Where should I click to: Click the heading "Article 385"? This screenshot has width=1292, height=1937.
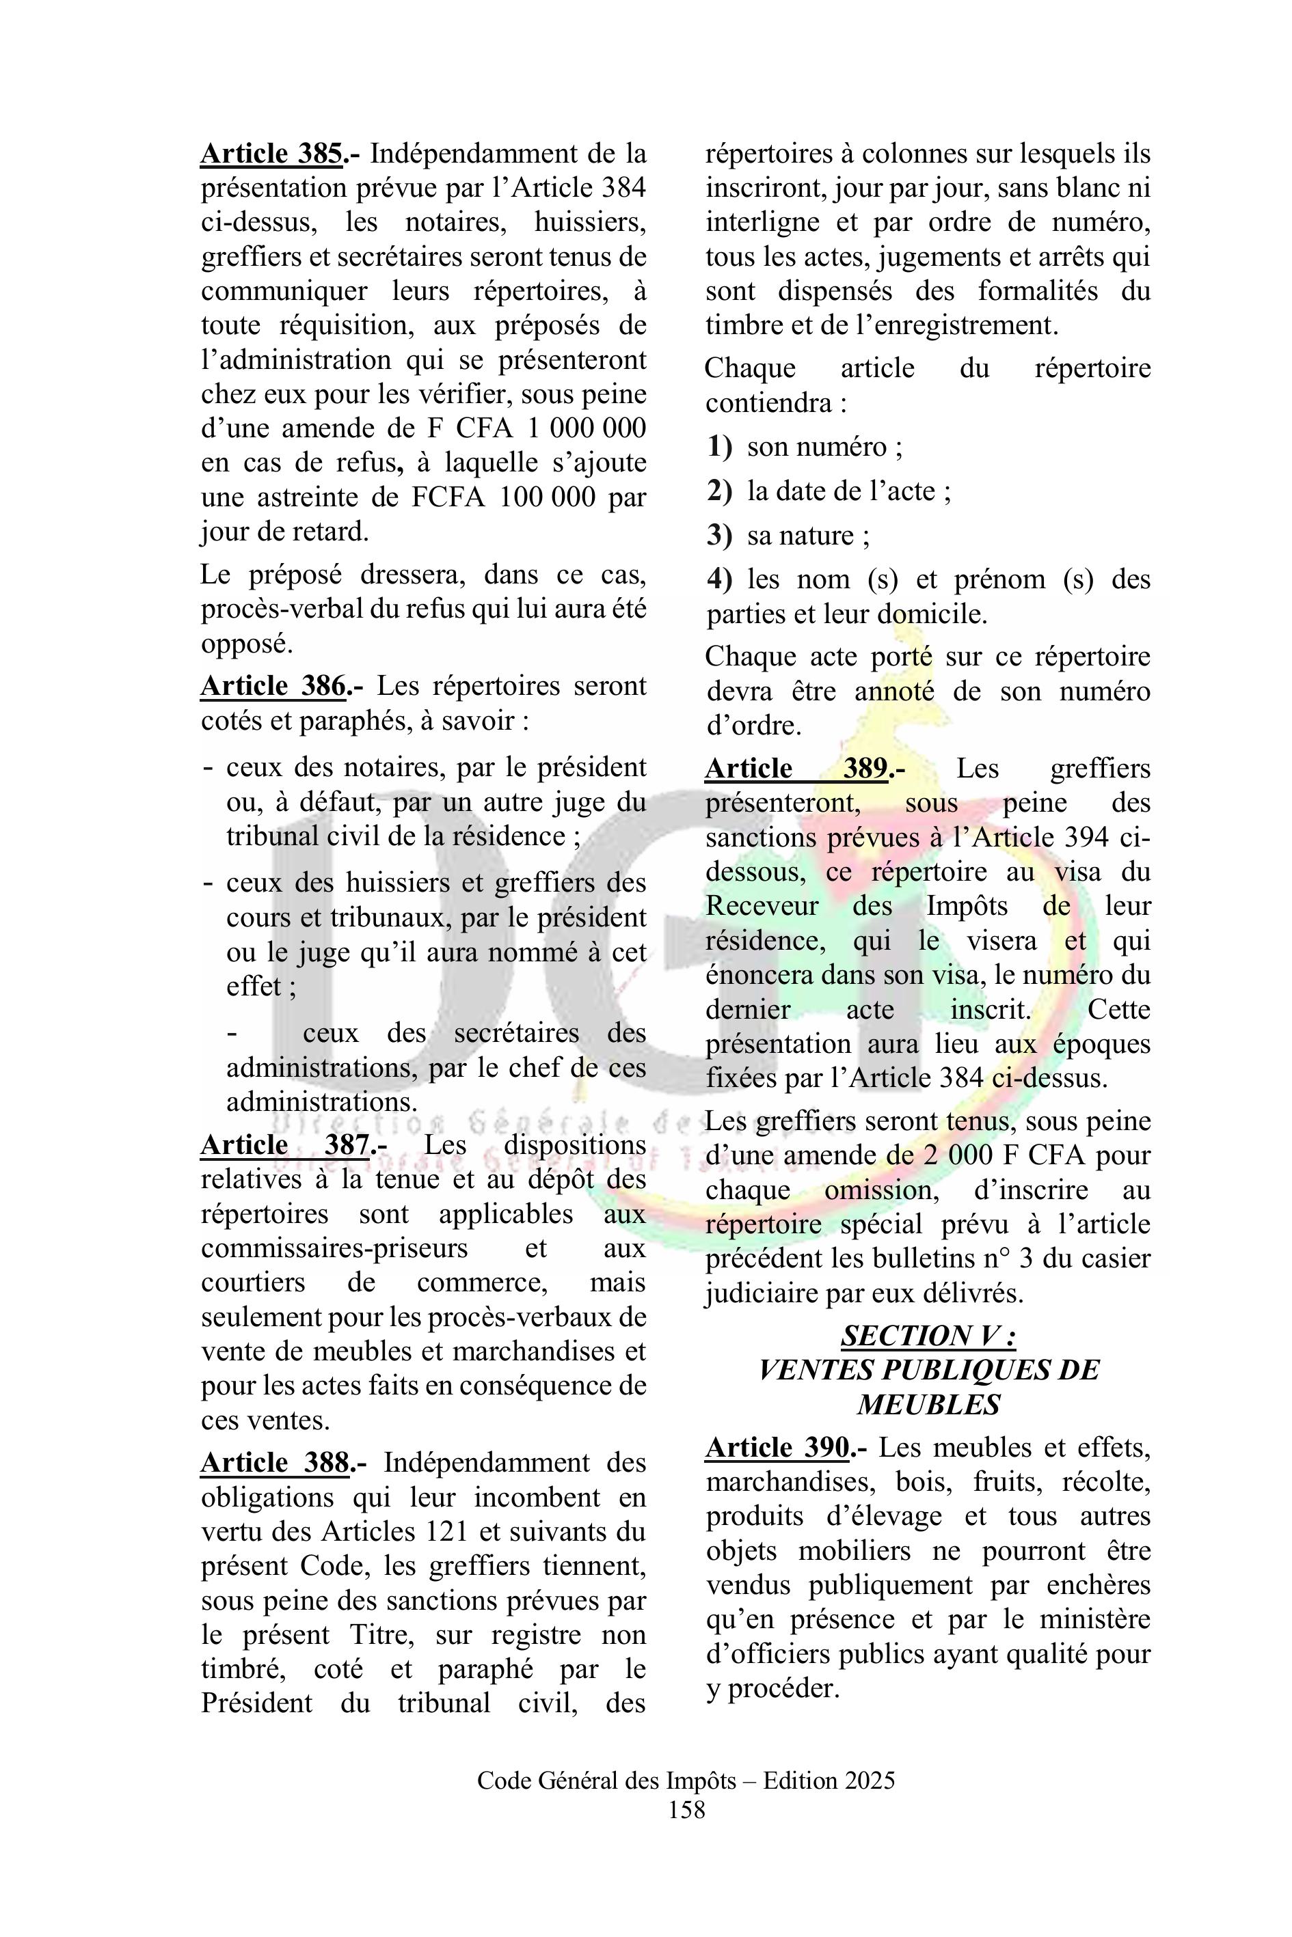[272, 154]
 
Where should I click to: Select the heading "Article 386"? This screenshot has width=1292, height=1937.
[273, 686]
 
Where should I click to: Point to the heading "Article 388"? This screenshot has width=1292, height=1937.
[275, 1463]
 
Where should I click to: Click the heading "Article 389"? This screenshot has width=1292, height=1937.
[796, 769]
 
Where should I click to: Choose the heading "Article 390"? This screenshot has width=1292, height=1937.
[778, 1448]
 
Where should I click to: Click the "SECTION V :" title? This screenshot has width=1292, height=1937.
[928, 1336]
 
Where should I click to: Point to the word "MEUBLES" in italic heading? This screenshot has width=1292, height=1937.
[928, 1404]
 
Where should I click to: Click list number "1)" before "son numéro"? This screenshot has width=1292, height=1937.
[719, 448]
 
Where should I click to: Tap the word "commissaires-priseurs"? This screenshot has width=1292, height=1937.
[334, 1248]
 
